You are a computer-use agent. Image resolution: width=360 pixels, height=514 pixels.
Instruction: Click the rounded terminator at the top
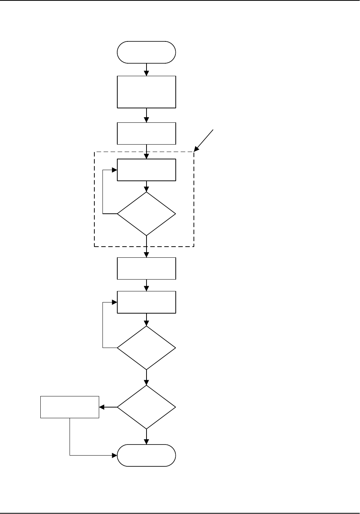(x=146, y=52)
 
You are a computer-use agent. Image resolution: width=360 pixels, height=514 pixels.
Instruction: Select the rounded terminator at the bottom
(x=146, y=455)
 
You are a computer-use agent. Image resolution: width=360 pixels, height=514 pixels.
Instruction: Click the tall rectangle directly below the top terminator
(x=146, y=92)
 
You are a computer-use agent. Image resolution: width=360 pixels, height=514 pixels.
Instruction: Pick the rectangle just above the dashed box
(x=146, y=133)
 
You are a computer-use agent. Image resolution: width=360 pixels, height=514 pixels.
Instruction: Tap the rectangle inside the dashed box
(x=146, y=170)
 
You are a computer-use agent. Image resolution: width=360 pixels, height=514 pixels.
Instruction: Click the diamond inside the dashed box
(x=146, y=213)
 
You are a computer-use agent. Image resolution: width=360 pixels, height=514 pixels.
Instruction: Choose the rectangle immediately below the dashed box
(x=146, y=268)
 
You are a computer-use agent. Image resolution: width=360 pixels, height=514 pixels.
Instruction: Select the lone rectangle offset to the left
(x=70, y=407)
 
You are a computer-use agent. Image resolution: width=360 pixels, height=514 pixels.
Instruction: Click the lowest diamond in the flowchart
(x=146, y=407)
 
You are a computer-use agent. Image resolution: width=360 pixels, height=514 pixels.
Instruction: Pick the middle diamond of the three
(x=146, y=348)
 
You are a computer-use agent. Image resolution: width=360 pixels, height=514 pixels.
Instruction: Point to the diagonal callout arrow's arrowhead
(x=196, y=149)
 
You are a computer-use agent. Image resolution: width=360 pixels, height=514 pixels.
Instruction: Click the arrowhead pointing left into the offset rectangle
(x=102, y=407)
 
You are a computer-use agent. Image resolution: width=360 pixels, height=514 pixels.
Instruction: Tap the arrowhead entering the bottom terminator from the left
(x=115, y=455)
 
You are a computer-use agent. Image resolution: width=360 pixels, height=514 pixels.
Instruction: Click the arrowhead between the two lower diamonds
(x=146, y=383)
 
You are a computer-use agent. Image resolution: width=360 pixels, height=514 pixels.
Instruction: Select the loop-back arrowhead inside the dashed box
(x=115, y=170)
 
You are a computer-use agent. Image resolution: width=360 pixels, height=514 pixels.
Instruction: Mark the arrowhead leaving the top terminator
(x=146, y=73)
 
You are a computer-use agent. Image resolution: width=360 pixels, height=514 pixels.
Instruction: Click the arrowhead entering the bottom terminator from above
(x=146, y=442)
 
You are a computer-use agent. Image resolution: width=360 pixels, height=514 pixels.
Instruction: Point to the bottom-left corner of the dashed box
(x=95, y=246)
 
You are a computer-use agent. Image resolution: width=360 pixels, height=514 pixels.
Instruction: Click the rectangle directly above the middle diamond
(x=146, y=302)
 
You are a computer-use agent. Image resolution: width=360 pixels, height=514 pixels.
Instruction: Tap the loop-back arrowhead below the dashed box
(x=115, y=302)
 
